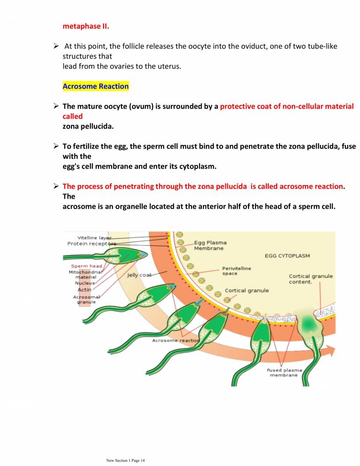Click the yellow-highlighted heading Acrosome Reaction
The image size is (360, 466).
[x=96, y=87]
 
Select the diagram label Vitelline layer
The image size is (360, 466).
[x=95, y=237]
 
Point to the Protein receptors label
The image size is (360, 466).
[x=91, y=243]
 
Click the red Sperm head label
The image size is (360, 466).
[x=83, y=266]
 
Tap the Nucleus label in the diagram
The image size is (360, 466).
[x=85, y=283]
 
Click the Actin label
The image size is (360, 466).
[x=84, y=289]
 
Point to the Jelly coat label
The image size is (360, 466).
[x=139, y=275]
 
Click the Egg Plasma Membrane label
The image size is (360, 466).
[x=209, y=245]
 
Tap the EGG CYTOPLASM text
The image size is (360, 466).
[x=287, y=256]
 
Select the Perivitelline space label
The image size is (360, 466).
[x=236, y=271]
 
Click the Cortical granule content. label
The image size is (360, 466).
[x=311, y=279]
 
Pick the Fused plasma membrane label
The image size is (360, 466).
[x=284, y=372]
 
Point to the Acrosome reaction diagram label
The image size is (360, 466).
[x=176, y=340]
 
